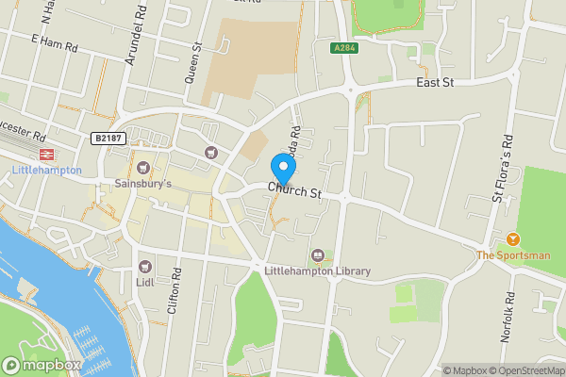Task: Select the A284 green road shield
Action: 345,47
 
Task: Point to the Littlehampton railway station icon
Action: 43,154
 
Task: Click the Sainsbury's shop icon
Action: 143,167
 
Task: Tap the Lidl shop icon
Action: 144,267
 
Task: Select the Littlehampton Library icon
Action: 318,255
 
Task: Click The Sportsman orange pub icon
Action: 513,239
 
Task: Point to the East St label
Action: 436,84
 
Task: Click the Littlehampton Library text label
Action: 318,272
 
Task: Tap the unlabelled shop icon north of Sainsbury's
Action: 210,153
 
